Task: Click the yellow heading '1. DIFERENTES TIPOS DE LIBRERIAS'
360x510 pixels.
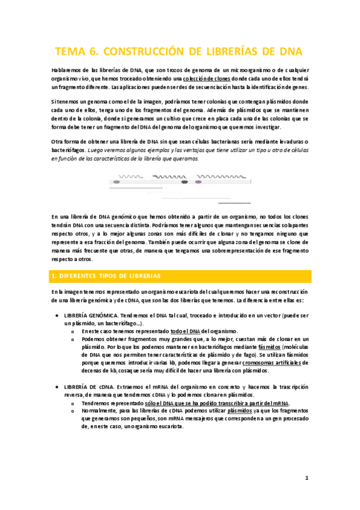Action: point(105,276)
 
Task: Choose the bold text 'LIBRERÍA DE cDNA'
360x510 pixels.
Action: point(85,386)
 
